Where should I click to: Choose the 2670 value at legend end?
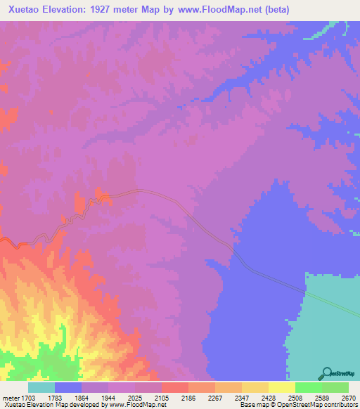tap(349, 397)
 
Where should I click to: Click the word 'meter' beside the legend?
tap(11, 397)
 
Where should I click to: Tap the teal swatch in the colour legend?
tap(41, 387)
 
